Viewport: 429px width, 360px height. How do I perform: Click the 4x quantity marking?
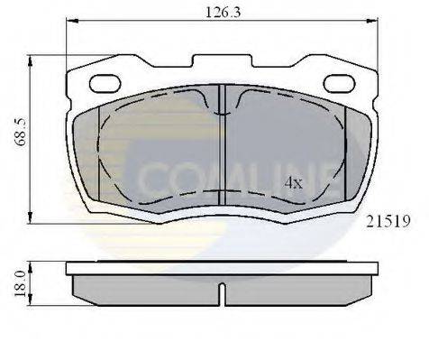(294, 182)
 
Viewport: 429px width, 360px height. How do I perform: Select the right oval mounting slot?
(338, 84)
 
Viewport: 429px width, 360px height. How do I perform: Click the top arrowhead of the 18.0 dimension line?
(32, 263)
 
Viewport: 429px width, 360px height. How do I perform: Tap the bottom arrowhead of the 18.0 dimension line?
(32, 299)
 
